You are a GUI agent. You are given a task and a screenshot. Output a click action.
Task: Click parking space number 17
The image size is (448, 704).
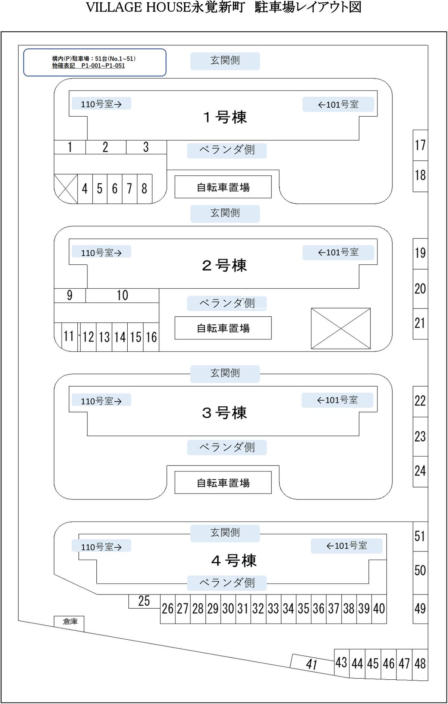tap(420, 145)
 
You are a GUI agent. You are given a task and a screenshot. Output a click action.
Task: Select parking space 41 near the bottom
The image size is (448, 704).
tap(312, 664)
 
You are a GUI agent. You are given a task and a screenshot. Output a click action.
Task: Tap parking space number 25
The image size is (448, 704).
tap(144, 601)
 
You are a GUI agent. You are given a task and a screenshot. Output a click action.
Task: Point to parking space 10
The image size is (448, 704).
tap(122, 295)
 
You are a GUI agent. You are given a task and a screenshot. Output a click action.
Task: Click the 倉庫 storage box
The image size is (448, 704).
tap(69, 622)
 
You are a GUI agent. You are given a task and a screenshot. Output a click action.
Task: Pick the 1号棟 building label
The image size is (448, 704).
tap(225, 117)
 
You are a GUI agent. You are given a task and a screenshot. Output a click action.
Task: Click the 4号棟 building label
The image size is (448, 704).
tap(234, 560)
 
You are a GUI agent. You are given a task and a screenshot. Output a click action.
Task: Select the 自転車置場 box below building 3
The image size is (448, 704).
tap(223, 483)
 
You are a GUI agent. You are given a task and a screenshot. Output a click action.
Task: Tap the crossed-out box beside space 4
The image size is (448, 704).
tap(66, 188)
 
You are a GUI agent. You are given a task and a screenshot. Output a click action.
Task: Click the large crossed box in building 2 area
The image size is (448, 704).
tap(340, 328)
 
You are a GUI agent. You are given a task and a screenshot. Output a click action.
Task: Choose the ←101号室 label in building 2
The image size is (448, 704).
tap(338, 252)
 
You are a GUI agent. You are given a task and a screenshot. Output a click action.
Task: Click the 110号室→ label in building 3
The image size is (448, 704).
tap(101, 401)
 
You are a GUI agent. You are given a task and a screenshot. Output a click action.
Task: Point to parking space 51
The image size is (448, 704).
tap(420, 536)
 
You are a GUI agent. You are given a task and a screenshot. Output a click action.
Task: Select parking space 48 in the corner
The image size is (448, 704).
tap(420, 664)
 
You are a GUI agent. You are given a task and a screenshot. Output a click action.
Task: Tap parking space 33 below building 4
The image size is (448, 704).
tap(273, 608)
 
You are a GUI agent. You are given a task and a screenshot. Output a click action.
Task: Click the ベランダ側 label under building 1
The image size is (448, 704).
tap(227, 150)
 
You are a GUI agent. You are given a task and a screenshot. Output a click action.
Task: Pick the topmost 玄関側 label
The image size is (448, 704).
tap(225, 61)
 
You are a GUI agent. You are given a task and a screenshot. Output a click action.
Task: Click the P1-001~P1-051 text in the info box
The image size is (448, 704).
tap(103, 66)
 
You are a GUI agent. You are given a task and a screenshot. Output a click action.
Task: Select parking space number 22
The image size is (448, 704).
tap(420, 401)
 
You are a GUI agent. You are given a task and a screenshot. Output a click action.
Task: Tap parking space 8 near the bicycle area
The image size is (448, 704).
tap(144, 188)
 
